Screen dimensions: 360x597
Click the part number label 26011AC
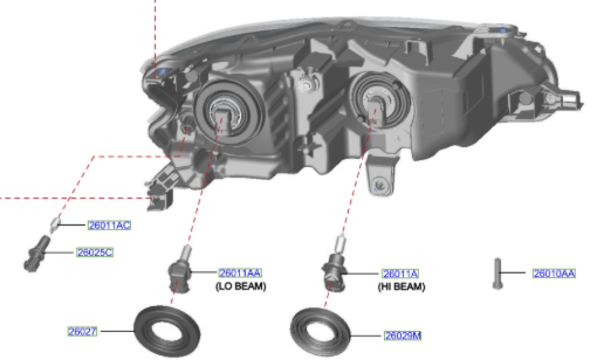(109, 225)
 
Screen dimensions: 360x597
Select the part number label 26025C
(94, 253)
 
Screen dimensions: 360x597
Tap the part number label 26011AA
(240, 273)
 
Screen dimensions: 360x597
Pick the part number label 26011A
(400, 274)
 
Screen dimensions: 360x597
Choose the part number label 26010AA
(554, 274)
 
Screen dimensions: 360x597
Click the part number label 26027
(82, 330)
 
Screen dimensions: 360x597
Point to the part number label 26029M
(402, 336)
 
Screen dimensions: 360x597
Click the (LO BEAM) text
(240, 287)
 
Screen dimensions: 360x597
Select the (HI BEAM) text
(401, 287)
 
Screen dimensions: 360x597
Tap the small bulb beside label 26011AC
(54, 226)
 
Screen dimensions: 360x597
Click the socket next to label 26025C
(36, 254)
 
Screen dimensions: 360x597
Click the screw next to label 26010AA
(497, 274)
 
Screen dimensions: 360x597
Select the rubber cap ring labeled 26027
(167, 331)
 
